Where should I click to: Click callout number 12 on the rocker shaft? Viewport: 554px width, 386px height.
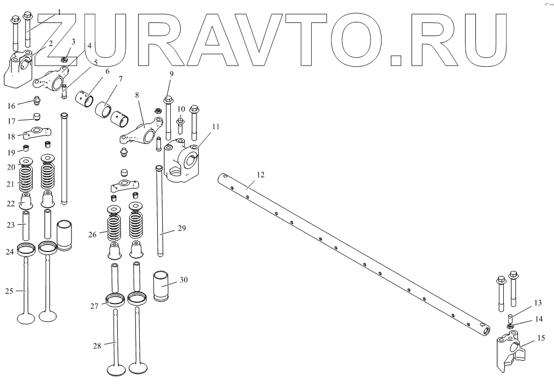click(260, 175)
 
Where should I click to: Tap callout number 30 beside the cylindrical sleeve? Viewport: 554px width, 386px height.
click(183, 280)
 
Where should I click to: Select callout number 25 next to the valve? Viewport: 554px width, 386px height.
click(9, 290)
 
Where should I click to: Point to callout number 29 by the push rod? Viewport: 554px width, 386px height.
click(182, 228)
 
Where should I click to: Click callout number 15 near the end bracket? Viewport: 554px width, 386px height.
click(541, 338)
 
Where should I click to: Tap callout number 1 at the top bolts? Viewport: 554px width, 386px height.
click(59, 11)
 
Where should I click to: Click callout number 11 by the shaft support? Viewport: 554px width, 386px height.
click(216, 126)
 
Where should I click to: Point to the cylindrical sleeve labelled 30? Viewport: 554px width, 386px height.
click(161, 285)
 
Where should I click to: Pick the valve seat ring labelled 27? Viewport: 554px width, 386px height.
click(115, 299)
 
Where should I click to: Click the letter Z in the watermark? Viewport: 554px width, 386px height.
click(76, 36)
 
